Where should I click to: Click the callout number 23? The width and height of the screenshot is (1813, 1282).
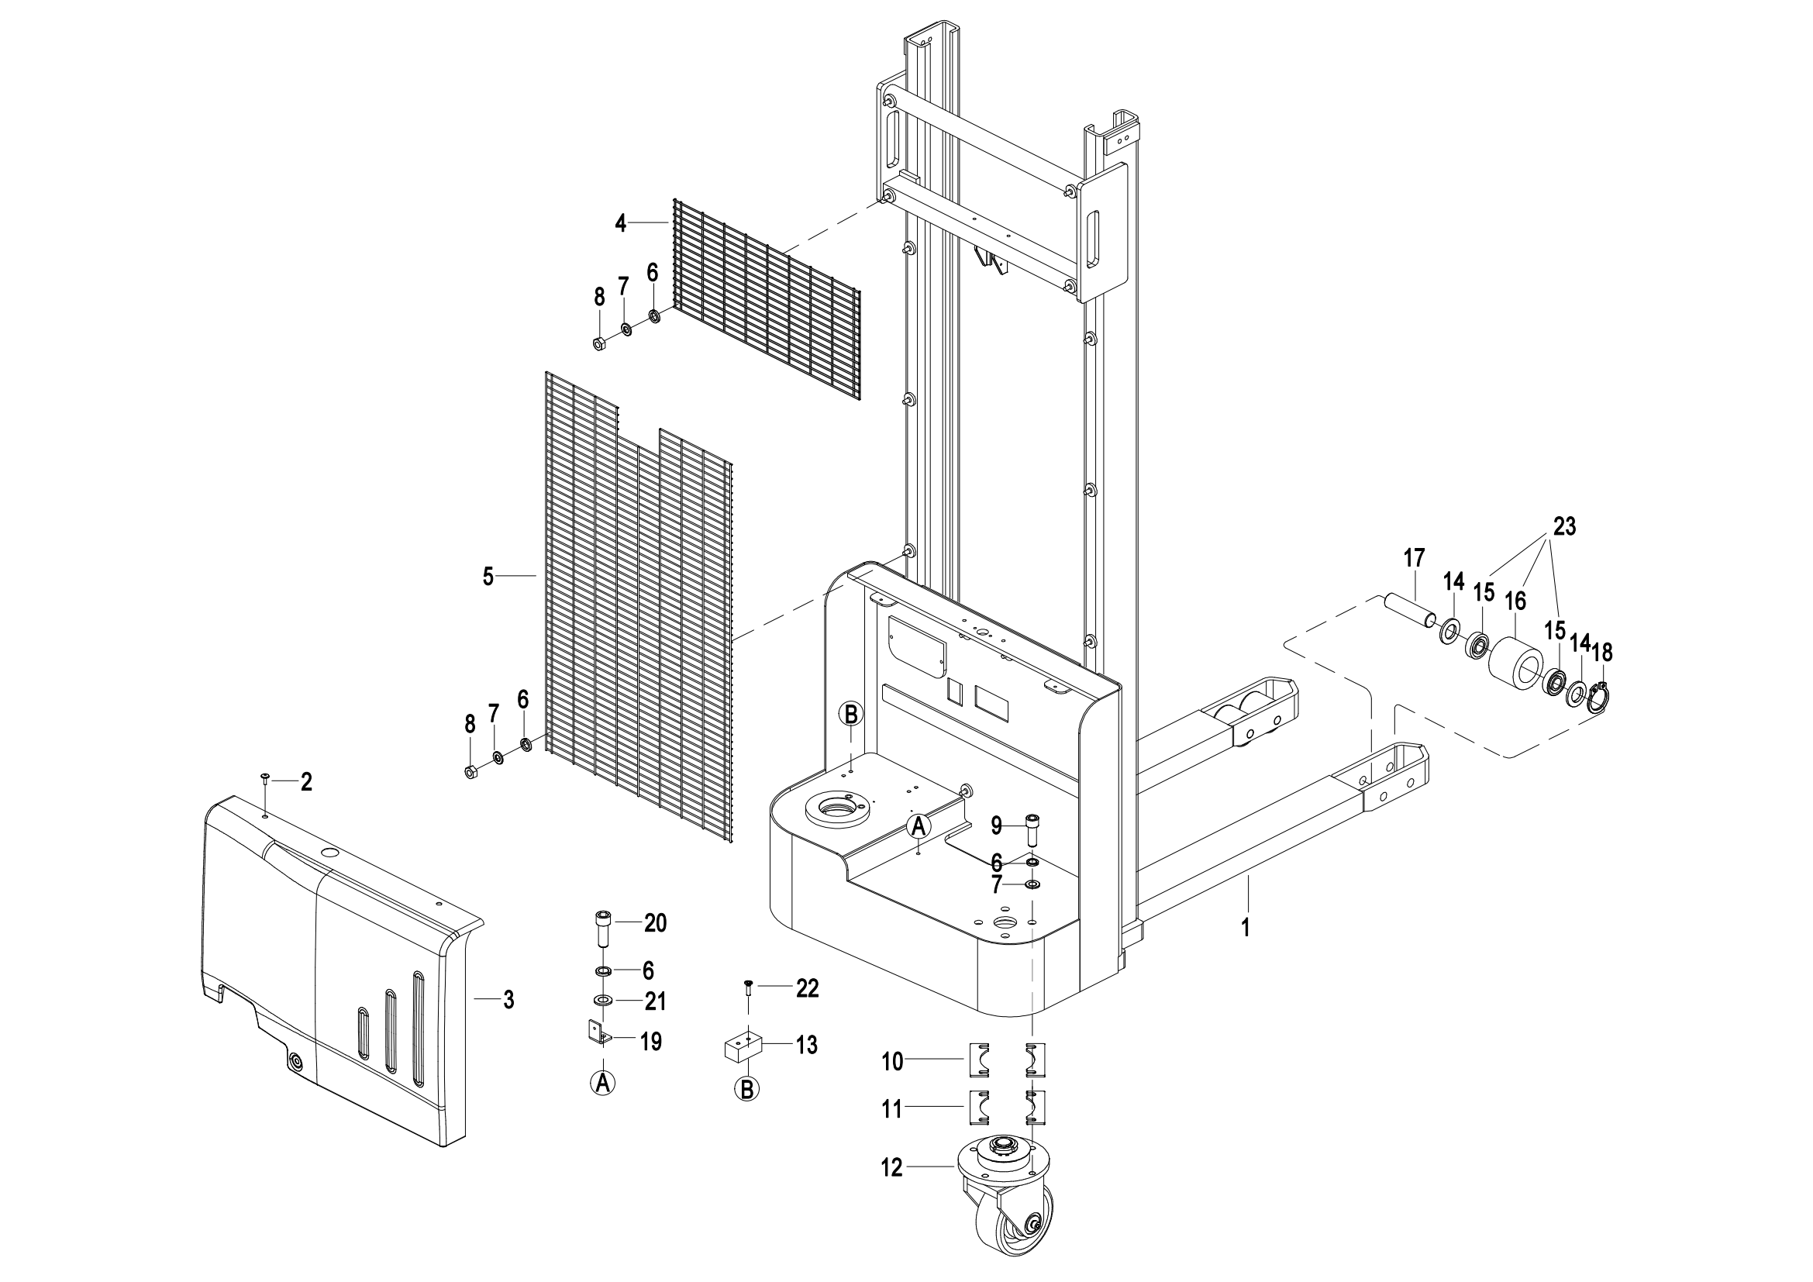coord(1563,526)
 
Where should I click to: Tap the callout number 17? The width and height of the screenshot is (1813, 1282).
coord(1415,558)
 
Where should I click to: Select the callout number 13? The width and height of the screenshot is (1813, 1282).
coord(806,1046)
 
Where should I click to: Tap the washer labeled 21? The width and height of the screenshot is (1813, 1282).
coord(602,1001)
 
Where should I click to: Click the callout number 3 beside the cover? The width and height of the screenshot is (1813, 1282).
coord(508,1000)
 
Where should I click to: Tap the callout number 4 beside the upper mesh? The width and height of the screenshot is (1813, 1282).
coord(621,223)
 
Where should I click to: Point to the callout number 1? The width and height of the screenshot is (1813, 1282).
coord(1246,928)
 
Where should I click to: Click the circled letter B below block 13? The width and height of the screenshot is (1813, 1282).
coord(746,1089)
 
